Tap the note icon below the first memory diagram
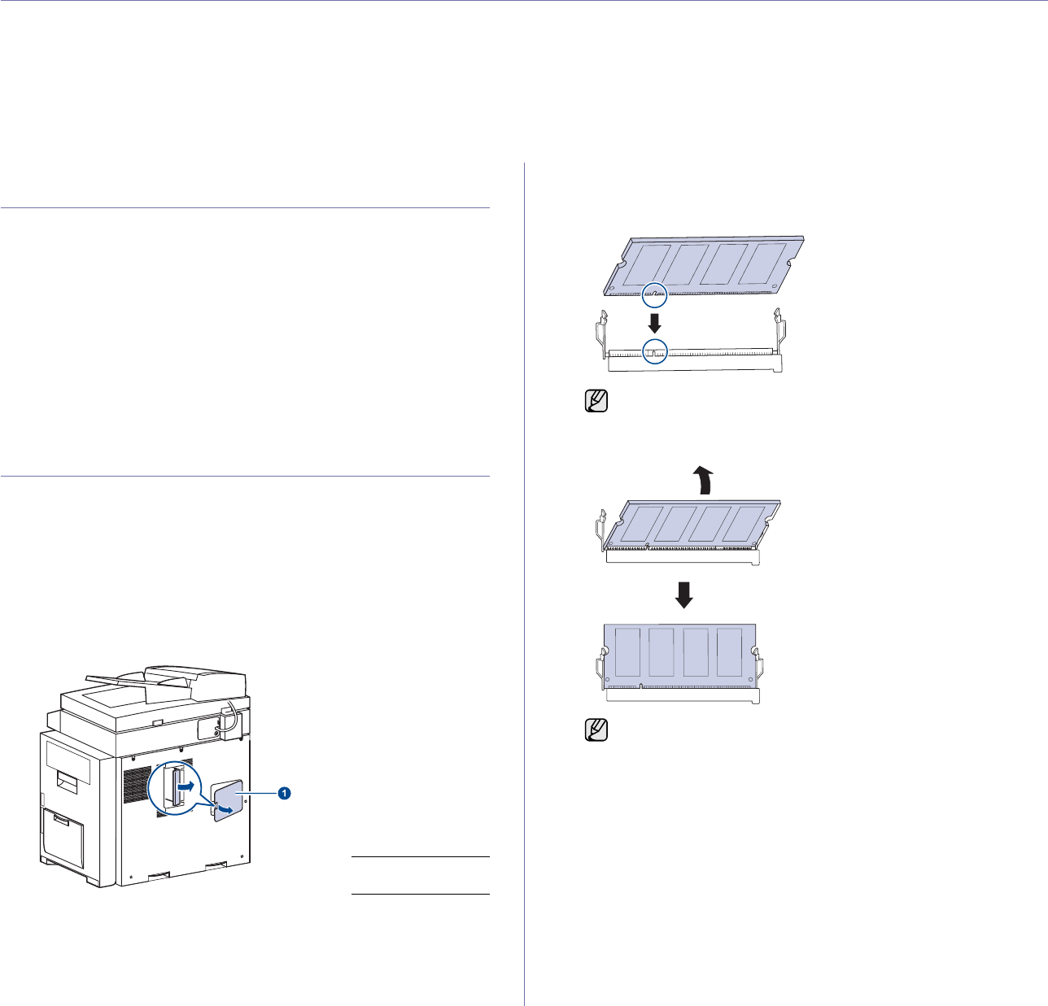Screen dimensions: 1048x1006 (x=596, y=401)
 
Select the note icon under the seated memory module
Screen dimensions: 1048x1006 (x=596, y=729)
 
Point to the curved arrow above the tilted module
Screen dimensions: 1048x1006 (x=703, y=479)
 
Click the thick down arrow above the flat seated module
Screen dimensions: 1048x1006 (x=685, y=594)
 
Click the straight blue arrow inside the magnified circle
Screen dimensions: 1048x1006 (x=188, y=787)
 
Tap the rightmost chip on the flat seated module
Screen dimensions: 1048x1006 (x=730, y=651)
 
